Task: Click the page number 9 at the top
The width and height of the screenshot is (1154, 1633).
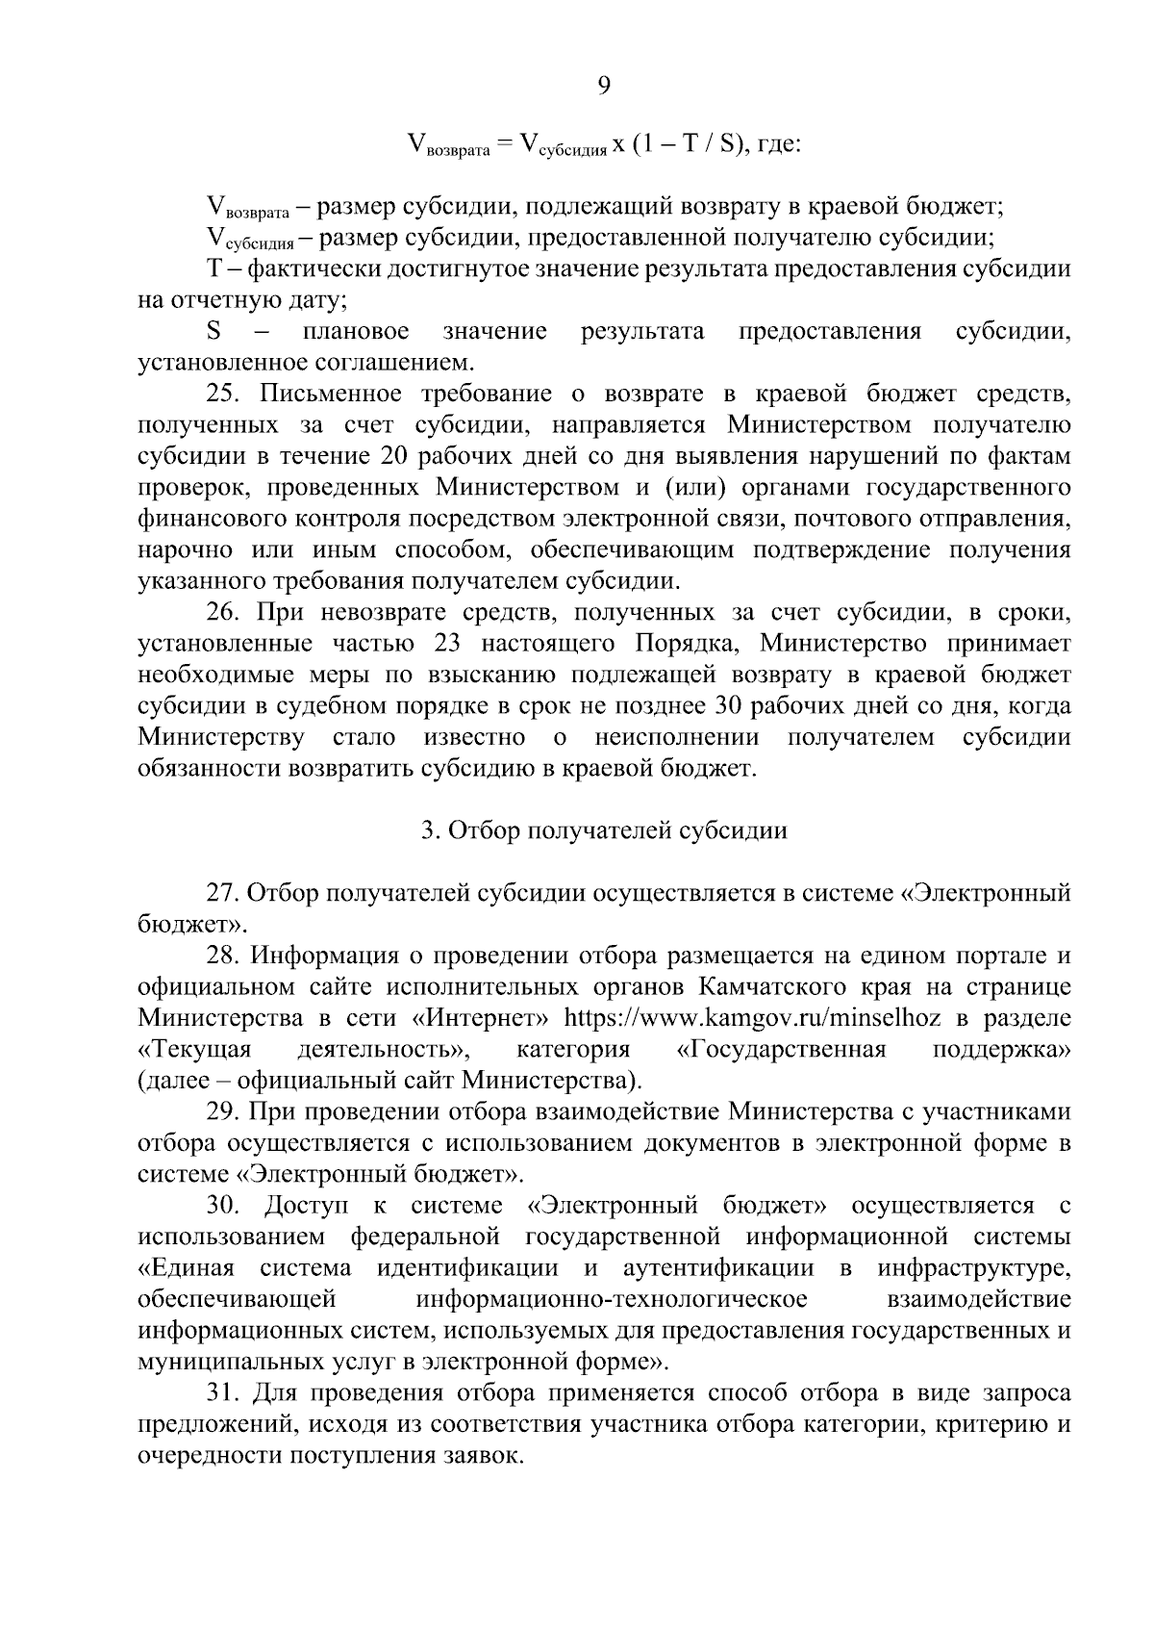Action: (604, 87)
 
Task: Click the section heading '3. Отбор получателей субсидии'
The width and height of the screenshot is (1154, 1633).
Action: (604, 830)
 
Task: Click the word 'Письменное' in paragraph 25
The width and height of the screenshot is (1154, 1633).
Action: (324, 394)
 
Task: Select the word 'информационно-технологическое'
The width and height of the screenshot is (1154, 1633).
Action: (612, 1300)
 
